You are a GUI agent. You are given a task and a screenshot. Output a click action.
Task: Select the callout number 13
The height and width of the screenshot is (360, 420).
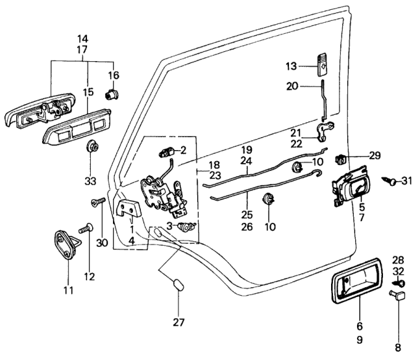click(291, 66)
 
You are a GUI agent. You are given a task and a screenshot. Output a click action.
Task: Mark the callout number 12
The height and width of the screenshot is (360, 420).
click(89, 276)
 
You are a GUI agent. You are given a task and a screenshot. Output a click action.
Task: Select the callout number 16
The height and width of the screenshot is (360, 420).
click(114, 75)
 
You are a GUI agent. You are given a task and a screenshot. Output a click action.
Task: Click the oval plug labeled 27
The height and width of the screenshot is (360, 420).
click(177, 286)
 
